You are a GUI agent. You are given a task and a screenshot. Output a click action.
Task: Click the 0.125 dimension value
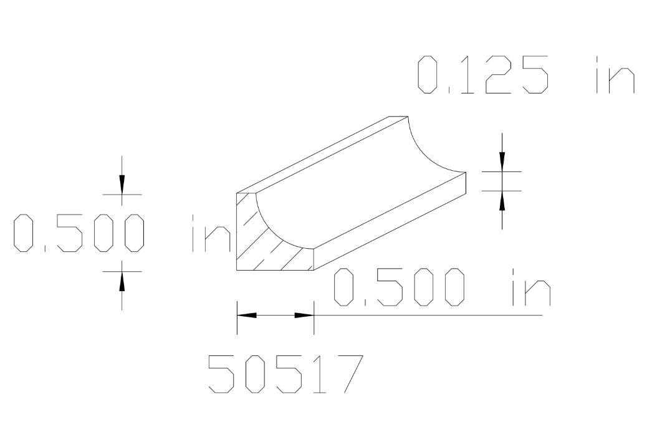click(483, 75)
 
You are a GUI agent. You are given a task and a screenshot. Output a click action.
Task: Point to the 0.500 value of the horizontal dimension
click(399, 287)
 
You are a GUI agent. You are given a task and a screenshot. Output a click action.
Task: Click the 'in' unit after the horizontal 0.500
click(530, 287)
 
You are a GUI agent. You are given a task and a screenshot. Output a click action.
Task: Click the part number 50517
click(285, 374)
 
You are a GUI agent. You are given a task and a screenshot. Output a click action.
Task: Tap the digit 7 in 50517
click(347, 374)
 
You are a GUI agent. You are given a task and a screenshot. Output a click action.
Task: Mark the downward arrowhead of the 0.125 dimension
click(502, 161)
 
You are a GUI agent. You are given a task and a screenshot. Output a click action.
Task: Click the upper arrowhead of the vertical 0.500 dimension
click(122, 184)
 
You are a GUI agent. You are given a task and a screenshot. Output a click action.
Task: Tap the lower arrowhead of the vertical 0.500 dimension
click(122, 282)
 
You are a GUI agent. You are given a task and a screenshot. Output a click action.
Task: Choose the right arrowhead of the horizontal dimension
click(304, 316)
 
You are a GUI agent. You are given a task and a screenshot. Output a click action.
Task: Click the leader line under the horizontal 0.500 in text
click(436, 316)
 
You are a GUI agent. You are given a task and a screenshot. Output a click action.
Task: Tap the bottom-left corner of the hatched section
click(237, 270)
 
